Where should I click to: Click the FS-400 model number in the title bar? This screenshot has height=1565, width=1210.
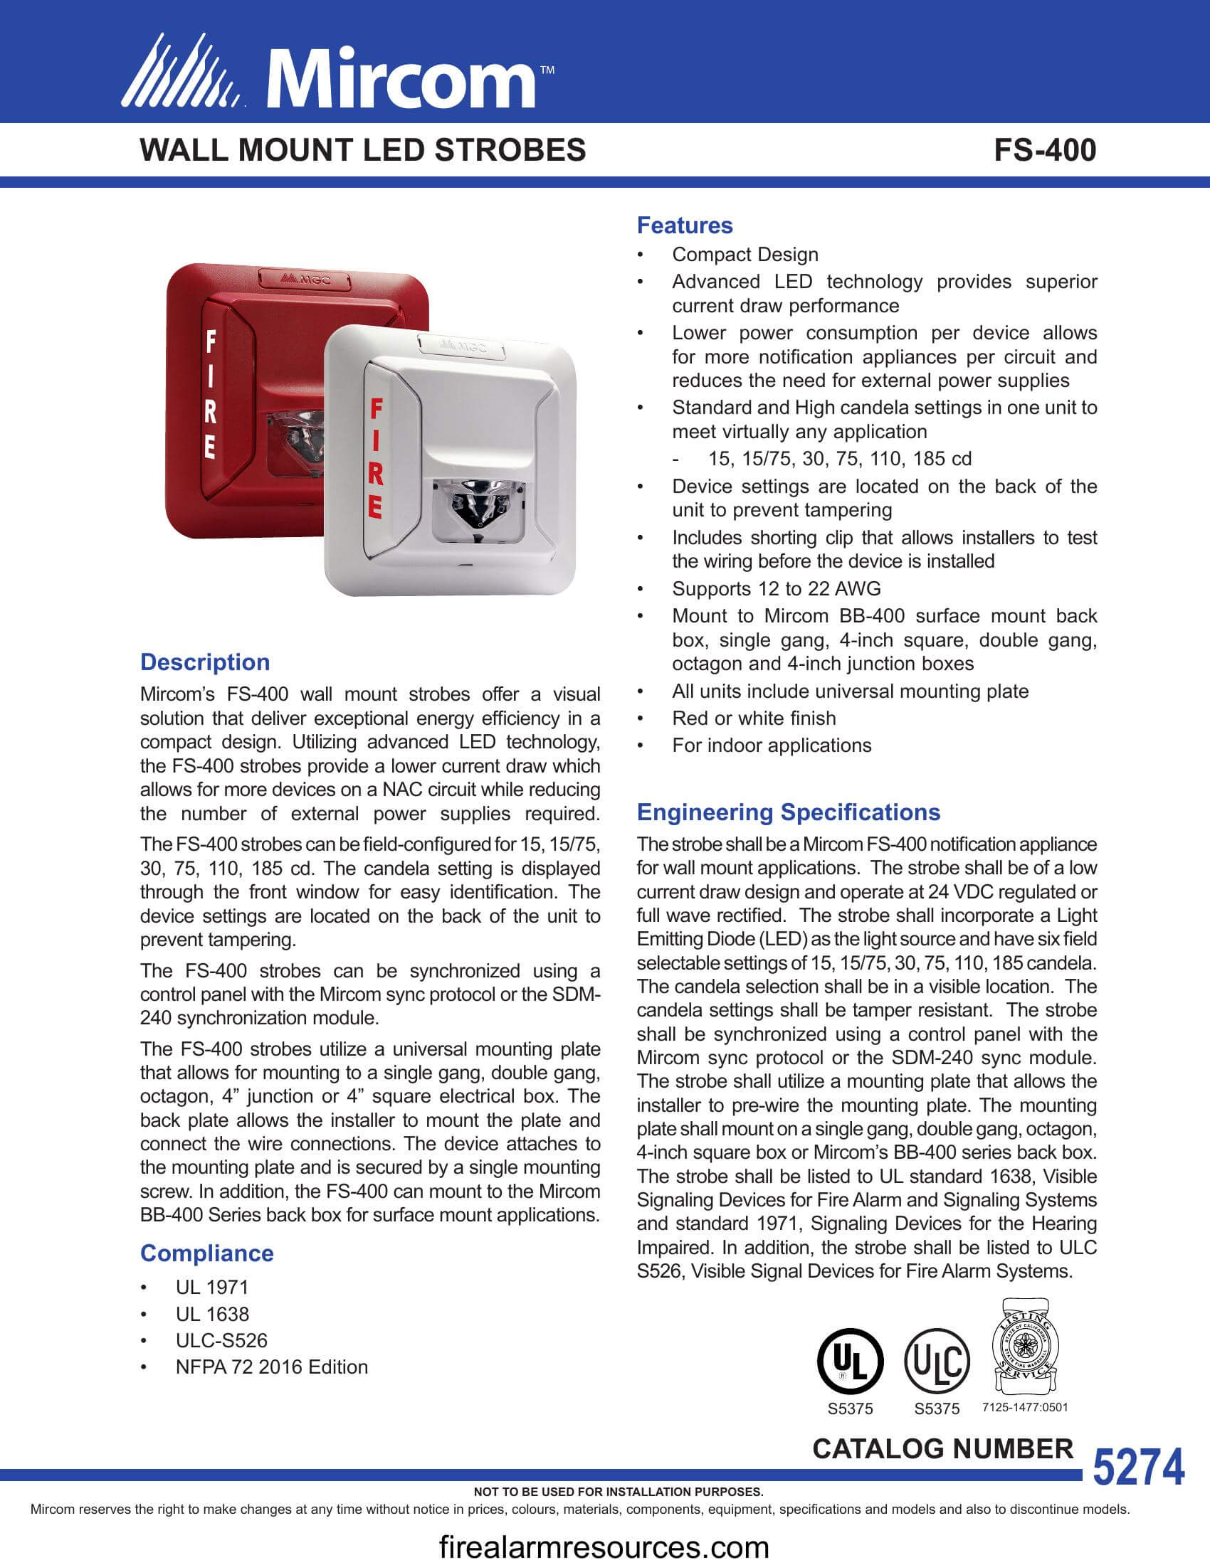click(1044, 150)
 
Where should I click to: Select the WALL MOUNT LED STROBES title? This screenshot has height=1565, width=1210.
click(363, 150)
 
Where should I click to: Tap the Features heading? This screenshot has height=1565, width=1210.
click(685, 225)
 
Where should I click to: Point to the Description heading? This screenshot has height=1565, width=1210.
click(205, 662)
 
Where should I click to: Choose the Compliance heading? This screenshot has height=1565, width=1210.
click(206, 1253)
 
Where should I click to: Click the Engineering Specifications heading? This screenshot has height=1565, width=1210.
click(789, 812)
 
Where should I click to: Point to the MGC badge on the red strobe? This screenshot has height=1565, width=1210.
click(304, 279)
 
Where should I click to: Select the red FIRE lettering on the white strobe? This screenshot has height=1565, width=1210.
click(376, 459)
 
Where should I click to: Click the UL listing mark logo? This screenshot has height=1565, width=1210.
click(850, 1360)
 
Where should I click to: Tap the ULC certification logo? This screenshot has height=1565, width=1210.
click(937, 1360)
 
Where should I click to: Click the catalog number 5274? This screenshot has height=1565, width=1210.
click(1138, 1466)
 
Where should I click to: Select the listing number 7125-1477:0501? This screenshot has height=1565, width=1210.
click(1025, 1407)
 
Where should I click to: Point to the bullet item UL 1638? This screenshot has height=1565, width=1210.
click(212, 1314)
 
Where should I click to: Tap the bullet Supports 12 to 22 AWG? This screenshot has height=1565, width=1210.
click(777, 588)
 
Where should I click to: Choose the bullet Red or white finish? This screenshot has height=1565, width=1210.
click(754, 718)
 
